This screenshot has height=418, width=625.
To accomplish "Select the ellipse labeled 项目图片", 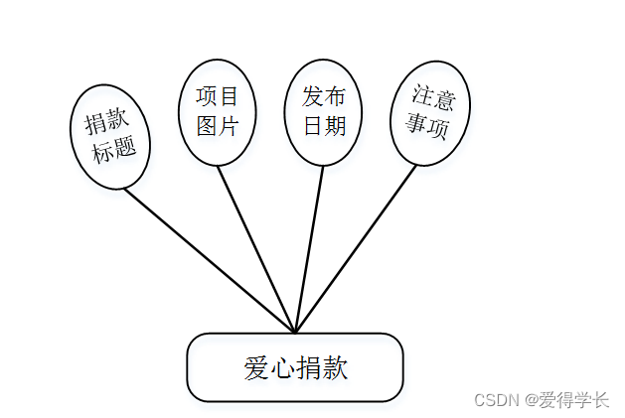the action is [x=218, y=111].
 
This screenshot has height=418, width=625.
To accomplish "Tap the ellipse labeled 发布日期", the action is [x=324, y=111].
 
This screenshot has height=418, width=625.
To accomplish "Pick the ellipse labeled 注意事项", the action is [x=429, y=113].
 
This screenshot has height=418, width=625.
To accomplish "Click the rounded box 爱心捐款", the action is [x=295, y=367].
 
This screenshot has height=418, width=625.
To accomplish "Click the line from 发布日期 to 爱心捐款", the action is [x=310, y=248].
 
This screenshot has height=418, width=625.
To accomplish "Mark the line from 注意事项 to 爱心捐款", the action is [x=358, y=248].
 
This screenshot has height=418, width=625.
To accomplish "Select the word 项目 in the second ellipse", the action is [x=218, y=97].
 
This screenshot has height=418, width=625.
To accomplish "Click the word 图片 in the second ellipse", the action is [x=218, y=126].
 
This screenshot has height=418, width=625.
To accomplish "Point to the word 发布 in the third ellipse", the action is [x=324, y=97].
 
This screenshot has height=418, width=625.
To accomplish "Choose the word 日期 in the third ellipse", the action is [x=324, y=126].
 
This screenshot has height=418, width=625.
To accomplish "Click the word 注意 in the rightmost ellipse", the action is [x=433, y=99].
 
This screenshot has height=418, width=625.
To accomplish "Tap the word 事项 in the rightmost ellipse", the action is [x=426, y=127].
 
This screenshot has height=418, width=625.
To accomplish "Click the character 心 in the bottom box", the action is [x=282, y=368].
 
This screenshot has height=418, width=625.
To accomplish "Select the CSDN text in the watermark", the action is [x=498, y=400].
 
